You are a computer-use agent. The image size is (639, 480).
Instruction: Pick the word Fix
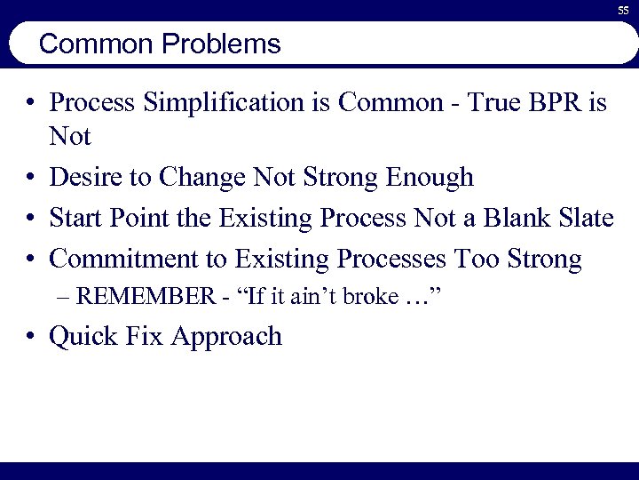click(146, 337)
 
